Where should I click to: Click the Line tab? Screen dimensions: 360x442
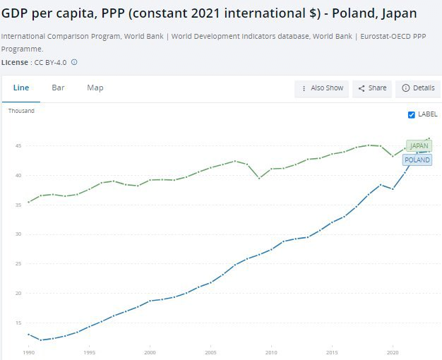(x=21, y=88)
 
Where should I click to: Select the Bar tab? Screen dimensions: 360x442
(x=58, y=88)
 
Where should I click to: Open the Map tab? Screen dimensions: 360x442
(x=95, y=88)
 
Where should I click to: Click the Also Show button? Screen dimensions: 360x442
(x=322, y=88)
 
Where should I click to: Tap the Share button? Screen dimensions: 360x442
(x=372, y=88)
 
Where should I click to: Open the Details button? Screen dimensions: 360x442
(x=418, y=88)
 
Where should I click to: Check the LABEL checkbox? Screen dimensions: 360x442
(x=412, y=114)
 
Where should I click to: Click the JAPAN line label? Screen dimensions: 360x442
(x=419, y=145)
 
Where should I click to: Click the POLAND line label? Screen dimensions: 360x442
(x=417, y=160)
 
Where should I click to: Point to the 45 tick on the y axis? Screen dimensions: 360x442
(x=17, y=145)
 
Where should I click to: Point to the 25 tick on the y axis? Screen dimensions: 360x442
(x=17, y=263)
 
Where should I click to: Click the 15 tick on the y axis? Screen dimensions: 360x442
(x=17, y=323)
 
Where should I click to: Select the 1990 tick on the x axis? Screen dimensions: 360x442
(x=28, y=352)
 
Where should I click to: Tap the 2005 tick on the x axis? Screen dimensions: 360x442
(x=210, y=352)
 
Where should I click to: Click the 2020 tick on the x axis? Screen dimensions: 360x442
(x=393, y=352)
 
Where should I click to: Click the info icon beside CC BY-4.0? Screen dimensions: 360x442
(x=74, y=62)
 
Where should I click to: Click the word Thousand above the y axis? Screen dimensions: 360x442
(x=21, y=111)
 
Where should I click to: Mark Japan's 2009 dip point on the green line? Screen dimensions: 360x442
(x=259, y=178)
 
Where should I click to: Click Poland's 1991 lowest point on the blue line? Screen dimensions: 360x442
(x=40, y=340)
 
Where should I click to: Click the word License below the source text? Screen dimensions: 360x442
(x=15, y=62)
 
